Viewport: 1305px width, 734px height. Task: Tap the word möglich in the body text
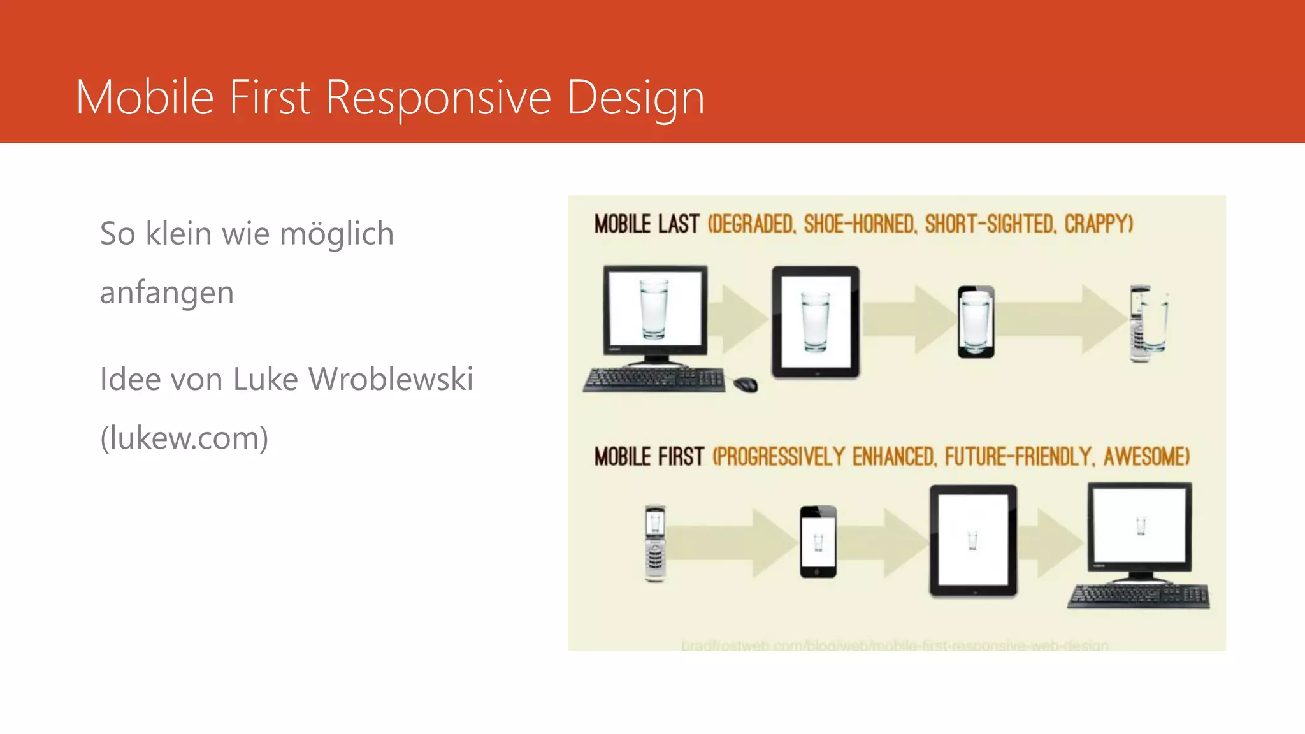coord(336,234)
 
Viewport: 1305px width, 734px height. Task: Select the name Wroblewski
coord(391,379)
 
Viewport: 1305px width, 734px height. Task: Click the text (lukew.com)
coord(184,438)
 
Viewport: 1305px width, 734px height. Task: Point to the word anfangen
coord(167,293)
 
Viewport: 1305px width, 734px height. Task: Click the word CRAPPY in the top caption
coord(1098,224)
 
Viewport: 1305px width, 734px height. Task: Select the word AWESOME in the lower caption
coord(1146,457)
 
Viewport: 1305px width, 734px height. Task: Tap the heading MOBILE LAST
coord(646,224)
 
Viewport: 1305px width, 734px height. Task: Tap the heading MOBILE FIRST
coord(649,457)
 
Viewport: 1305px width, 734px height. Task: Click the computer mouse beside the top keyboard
coord(745,384)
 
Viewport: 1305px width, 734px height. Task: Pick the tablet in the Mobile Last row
coord(815,322)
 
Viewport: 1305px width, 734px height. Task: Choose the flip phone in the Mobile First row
coord(655,543)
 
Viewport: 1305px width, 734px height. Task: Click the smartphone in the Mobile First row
coord(818,542)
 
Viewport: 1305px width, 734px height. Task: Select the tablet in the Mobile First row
coord(973,541)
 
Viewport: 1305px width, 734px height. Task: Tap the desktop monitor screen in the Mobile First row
coord(1139,526)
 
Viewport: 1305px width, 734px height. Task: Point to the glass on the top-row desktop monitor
coord(654,308)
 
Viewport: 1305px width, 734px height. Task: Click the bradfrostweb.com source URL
coord(895,645)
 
